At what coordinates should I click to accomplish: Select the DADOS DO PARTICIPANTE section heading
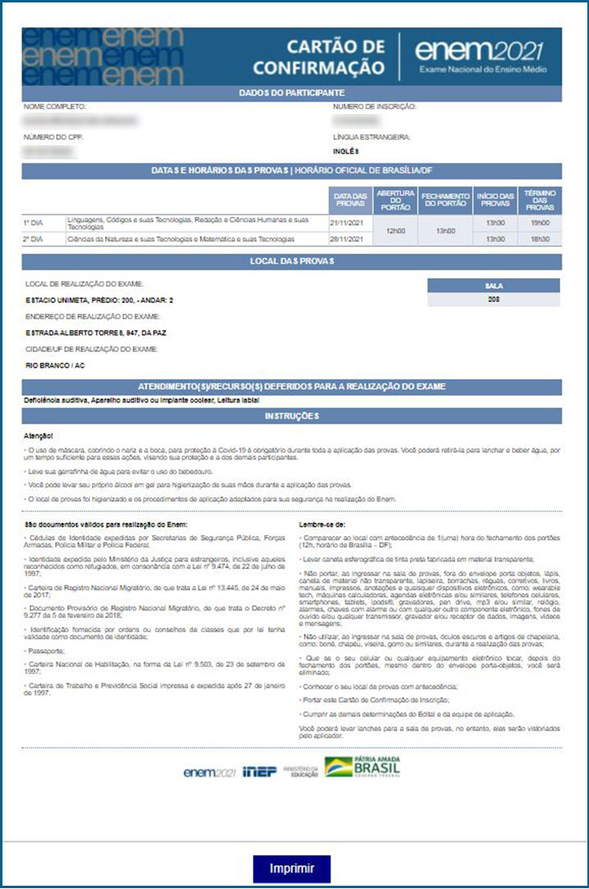point(292,94)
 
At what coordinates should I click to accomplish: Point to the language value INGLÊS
point(346,151)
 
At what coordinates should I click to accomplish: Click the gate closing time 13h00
point(445,231)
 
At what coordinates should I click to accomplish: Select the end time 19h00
point(540,222)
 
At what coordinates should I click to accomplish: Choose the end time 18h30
point(540,239)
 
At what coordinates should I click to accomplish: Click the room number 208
point(493,299)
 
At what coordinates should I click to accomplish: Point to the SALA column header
point(493,285)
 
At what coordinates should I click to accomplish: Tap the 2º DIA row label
point(34,239)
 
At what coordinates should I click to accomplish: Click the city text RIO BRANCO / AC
point(55,364)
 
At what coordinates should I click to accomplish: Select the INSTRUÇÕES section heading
point(292,416)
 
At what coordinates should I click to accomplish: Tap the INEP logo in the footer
point(260,772)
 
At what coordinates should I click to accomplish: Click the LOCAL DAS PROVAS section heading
point(292,262)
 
